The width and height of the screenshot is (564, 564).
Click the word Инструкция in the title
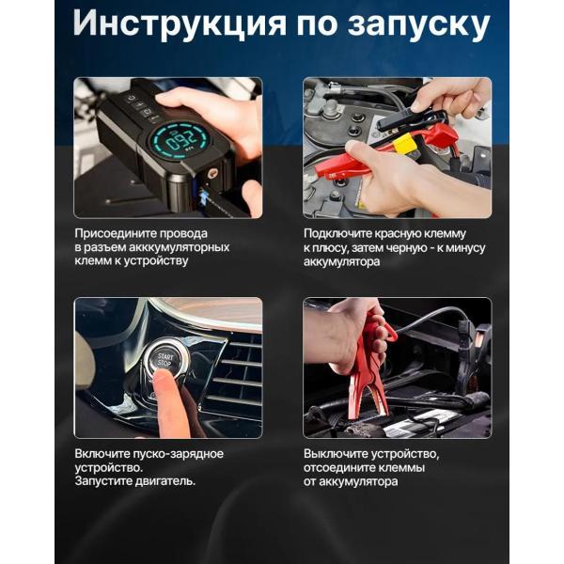pyautogui.click(x=180, y=23)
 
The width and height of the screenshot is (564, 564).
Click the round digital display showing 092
pyautogui.click(x=178, y=141)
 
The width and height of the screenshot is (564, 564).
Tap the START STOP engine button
pyautogui.click(x=165, y=359)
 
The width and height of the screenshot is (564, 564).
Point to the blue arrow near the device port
pyautogui.click(x=204, y=197)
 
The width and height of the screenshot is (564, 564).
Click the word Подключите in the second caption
pyautogui.click(x=333, y=234)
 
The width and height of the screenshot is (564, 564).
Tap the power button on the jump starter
pyautogui.click(x=131, y=99)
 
